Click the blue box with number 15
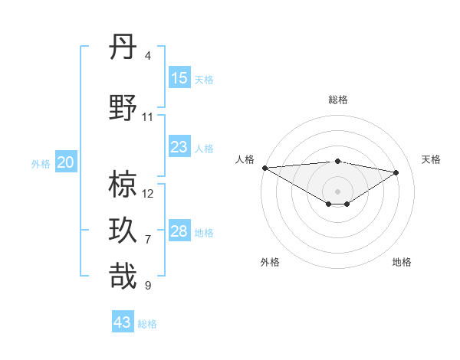click(179, 77)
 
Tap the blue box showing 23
click(179, 146)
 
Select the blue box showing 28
click(179, 231)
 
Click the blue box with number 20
click(66, 162)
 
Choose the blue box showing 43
click(123, 322)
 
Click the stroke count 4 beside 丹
click(148, 56)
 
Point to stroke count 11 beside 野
click(148, 117)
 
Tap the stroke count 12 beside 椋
click(148, 194)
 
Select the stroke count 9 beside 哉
click(148, 286)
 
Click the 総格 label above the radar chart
click(337, 100)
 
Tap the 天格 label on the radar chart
click(431, 159)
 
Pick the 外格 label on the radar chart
click(270, 262)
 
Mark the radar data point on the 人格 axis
click(264, 167)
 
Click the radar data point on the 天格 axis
click(396, 172)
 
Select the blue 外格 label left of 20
click(41, 163)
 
